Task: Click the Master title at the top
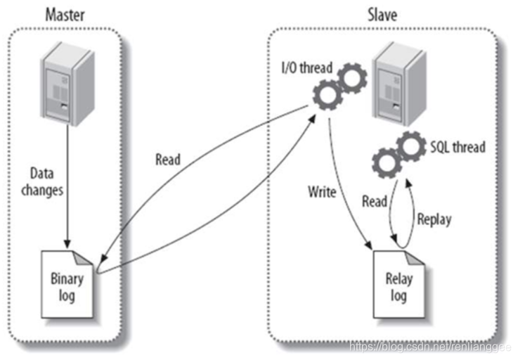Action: tap(65, 13)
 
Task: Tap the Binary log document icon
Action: tap(66, 282)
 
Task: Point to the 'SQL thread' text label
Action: tap(458, 148)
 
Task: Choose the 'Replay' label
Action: tap(434, 219)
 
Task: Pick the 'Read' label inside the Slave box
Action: tap(375, 202)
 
